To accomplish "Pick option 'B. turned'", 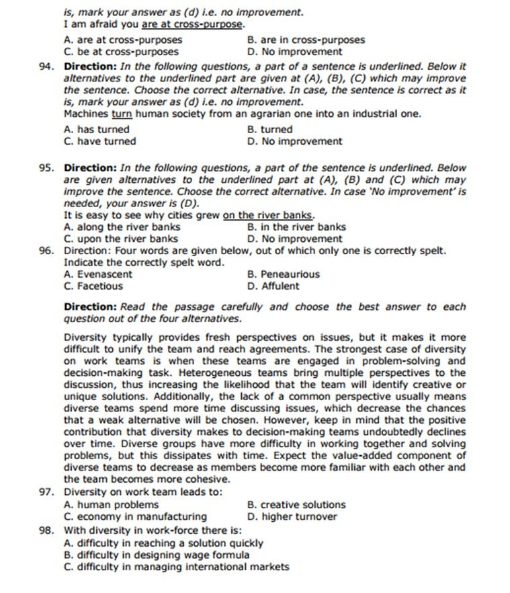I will tap(270, 129).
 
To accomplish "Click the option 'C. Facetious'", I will tap(93, 286).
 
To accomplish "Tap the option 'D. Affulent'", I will tap(273, 286).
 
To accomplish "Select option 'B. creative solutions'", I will tap(296, 505).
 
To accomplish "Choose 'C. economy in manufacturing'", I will tap(135, 516).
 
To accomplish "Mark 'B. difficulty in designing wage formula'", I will tap(156, 555).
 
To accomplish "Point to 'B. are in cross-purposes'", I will tap(306, 40).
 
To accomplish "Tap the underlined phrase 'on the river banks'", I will tap(268, 215).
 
